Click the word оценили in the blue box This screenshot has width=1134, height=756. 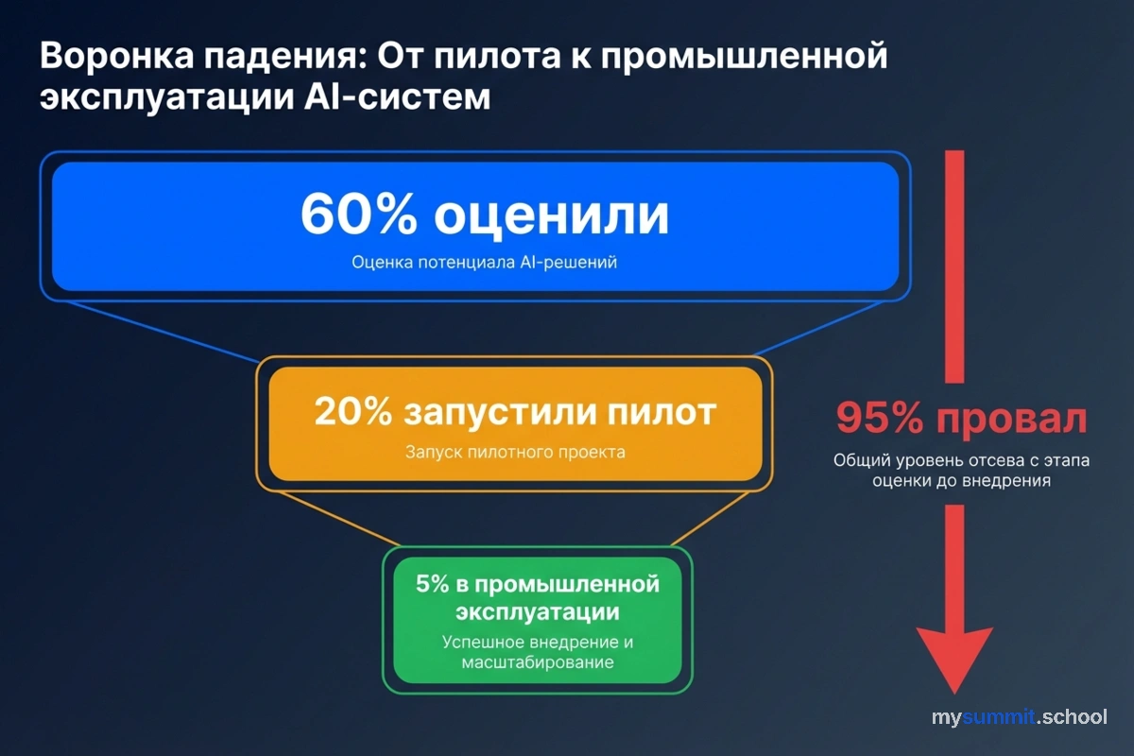click(x=552, y=215)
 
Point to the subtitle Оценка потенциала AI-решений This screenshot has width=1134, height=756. click(x=484, y=263)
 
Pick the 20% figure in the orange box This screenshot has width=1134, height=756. click(x=352, y=413)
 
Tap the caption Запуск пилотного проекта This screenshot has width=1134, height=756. click(x=515, y=452)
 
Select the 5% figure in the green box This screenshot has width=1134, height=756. click(x=432, y=584)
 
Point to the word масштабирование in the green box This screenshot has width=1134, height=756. click(x=538, y=662)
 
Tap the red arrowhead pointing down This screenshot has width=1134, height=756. click(x=954, y=661)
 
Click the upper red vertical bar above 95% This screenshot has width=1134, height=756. click(x=954, y=265)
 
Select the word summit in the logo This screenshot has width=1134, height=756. click(x=1002, y=717)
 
